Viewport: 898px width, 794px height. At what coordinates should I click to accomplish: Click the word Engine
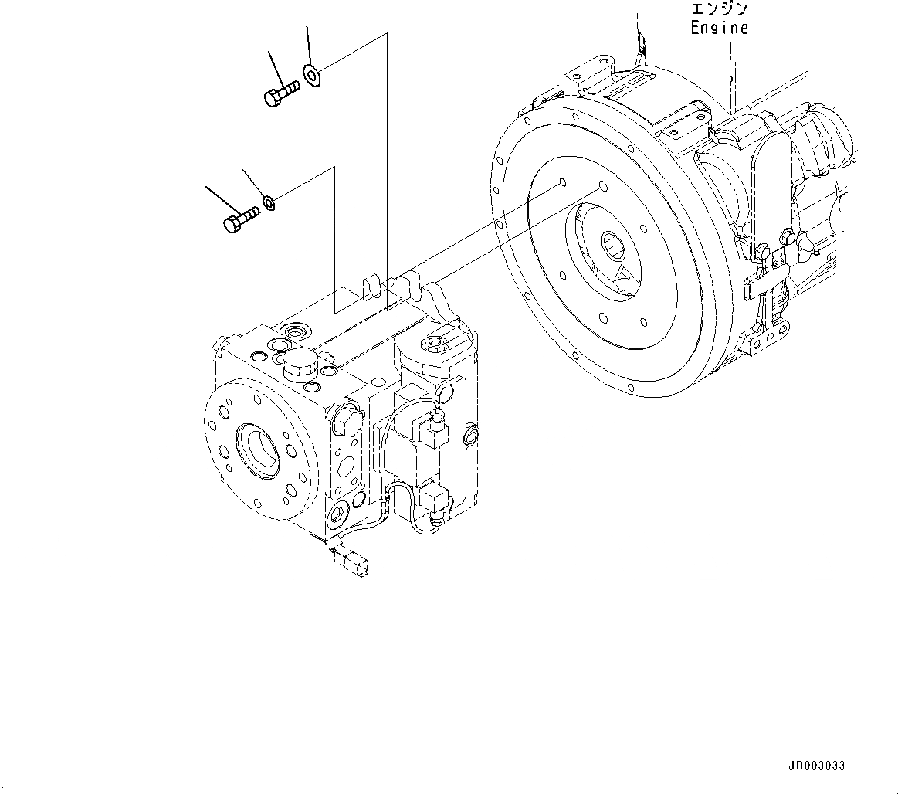[719, 28]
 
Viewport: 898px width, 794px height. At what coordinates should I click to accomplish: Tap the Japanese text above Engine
[719, 10]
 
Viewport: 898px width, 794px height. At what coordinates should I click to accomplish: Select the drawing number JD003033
[816, 765]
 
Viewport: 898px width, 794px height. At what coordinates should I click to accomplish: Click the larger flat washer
[313, 75]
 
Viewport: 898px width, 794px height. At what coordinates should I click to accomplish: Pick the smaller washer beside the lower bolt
[269, 202]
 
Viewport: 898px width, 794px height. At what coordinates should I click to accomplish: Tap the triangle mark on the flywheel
[625, 274]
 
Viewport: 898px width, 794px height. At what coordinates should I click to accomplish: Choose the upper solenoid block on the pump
[433, 433]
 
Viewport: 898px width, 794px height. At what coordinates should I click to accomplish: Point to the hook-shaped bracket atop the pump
[374, 284]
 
